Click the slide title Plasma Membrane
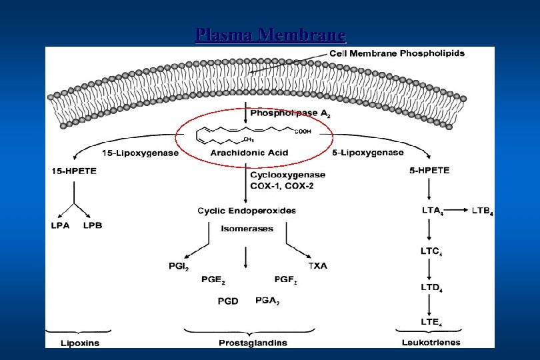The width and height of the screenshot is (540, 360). [x=271, y=34]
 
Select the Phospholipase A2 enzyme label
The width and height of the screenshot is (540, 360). [x=289, y=114]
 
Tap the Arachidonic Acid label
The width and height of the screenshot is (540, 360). [x=249, y=153]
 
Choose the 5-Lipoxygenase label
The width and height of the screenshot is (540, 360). [x=367, y=153]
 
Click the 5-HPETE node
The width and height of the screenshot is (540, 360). [x=429, y=171]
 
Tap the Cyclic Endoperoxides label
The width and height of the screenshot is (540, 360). [x=247, y=211]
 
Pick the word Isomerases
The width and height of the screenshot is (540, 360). [x=247, y=228]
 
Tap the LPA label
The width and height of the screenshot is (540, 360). [x=60, y=225]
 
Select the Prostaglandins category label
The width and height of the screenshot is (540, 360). [x=253, y=343]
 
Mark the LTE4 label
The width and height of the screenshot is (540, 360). [x=431, y=323]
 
